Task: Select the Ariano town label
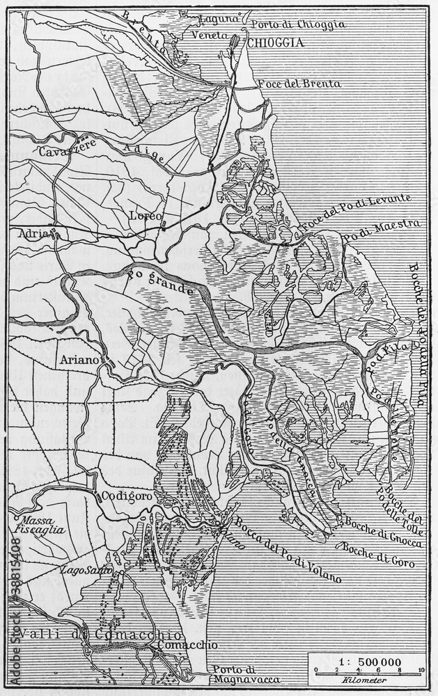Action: point(79,360)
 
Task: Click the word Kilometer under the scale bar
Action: point(367,679)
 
